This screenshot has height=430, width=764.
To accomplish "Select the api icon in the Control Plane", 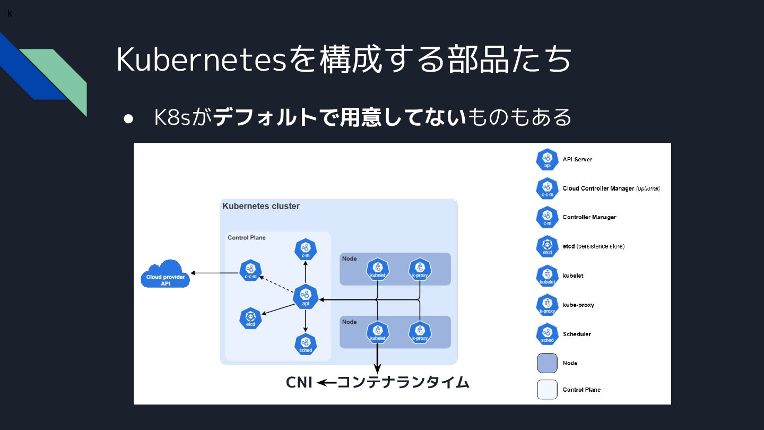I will (x=305, y=296).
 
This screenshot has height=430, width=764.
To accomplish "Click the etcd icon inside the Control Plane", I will (x=250, y=317).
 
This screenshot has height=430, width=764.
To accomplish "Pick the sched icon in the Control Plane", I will (x=306, y=344).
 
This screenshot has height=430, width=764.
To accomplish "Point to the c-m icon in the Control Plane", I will (x=306, y=249).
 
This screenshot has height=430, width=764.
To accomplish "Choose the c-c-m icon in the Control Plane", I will (x=250, y=270).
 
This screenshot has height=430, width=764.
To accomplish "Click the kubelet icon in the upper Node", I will (x=377, y=269).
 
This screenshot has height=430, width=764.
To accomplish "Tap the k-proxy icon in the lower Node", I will (x=420, y=332).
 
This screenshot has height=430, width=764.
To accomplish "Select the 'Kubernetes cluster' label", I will (x=261, y=206).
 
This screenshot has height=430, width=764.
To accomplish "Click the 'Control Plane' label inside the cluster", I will (x=247, y=237).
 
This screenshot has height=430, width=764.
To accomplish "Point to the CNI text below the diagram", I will (x=299, y=382).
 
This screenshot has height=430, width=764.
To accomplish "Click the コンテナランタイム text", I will (x=403, y=382).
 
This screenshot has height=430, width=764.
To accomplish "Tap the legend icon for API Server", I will (x=547, y=159).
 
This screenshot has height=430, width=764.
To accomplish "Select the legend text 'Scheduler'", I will (x=577, y=334).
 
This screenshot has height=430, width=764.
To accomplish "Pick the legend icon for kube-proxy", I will (x=547, y=305).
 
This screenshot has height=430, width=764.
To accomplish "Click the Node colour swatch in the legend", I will (x=547, y=363).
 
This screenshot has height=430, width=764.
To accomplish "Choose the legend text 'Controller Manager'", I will (x=589, y=217).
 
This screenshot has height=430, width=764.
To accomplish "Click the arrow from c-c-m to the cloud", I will (x=215, y=273).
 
